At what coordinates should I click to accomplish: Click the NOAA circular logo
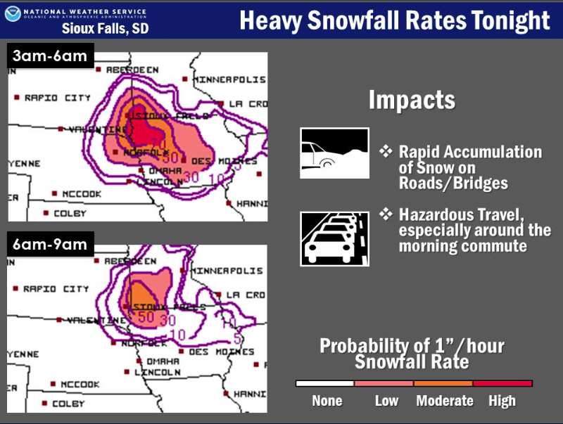coord(13,14)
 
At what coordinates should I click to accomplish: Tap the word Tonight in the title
coord(508,20)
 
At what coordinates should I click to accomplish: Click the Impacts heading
coord(412,100)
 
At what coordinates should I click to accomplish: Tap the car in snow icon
coord(334,153)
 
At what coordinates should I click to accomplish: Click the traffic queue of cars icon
coord(334,238)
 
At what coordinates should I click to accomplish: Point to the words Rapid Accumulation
coord(470,153)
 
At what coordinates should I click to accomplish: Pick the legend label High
coord(502,401)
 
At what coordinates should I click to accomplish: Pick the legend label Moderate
coord(444,401)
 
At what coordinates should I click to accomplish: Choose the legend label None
coord(327,401)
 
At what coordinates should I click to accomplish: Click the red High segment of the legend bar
coord(502,383)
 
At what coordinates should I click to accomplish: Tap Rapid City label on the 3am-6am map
coord(57,98)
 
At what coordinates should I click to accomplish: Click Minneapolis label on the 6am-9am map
coord(228,270)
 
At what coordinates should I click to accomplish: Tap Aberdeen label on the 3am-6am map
coord(132,70)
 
